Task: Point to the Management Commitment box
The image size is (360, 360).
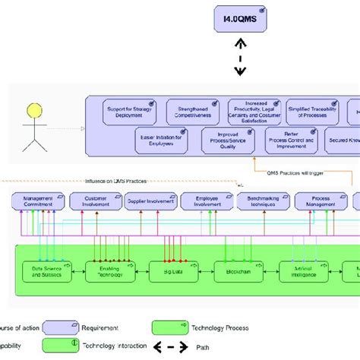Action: (x=38, y=201)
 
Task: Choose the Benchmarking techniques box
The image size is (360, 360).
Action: (x=263, y=201)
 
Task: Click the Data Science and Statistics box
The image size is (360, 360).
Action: (x=46, y=270)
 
